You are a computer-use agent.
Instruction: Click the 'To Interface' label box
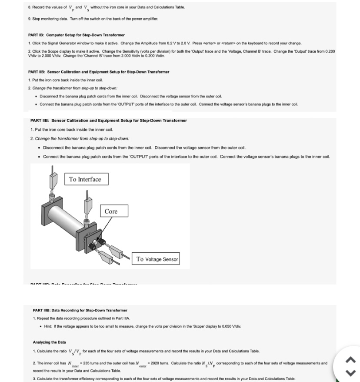(x=85, y=179)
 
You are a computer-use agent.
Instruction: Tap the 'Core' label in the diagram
(x=111, y=211)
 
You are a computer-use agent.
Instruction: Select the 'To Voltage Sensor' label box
(x=157, y=259)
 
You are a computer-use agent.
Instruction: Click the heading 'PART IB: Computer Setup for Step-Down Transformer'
(x=77, y=35)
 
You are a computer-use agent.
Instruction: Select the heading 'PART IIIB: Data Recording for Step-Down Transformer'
(x=80, y=310)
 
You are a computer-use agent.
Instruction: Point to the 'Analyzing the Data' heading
(x=50, y=342)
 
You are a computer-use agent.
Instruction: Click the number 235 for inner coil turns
(x=84, y=363)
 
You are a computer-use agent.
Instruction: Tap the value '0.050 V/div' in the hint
(x=231, y=326)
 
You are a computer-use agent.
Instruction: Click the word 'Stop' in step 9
(x=37, y=19)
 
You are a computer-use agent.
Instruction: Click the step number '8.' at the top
(x=30, y=7)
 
